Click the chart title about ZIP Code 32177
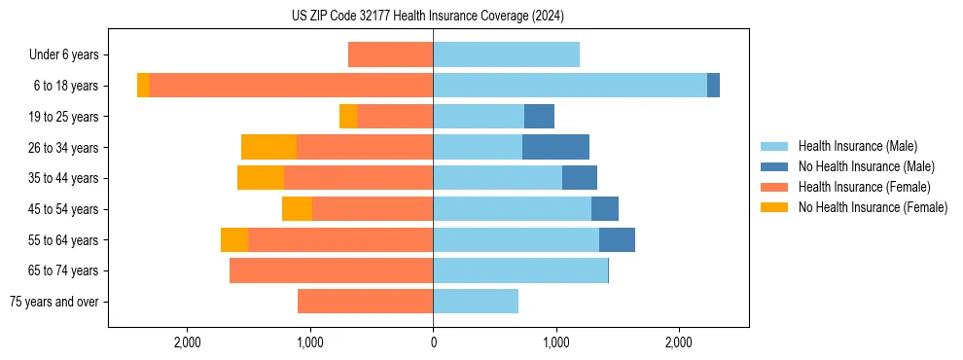tap(427, 16)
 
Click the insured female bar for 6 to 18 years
tap(292, 86)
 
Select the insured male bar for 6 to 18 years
tap(570, 86)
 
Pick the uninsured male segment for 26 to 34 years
tap(555, 147)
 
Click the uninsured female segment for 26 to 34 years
tap(268, 147)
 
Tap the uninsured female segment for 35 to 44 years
tap(261, 178)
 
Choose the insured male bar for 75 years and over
tap(476, 302)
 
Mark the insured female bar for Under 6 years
tap(390, 54)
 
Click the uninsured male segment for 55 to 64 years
tap(617, 239)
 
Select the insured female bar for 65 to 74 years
tap(331, 270)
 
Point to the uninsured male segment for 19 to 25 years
tap(539, 117)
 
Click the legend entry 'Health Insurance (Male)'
tap(857, 146)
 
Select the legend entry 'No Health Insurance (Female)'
tap(873, 207)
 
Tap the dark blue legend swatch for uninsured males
tap(774, 166)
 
